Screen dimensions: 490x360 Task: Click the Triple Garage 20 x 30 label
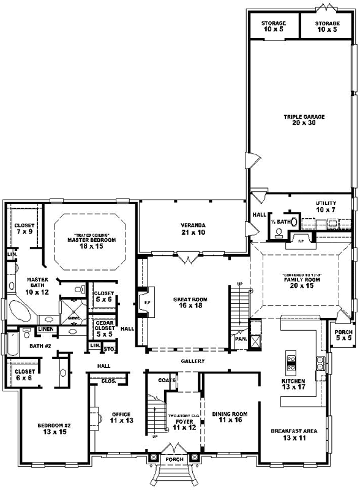point(304,119)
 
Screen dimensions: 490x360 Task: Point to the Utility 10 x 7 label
point(326,206)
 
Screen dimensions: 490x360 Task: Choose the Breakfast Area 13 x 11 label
point(294,435)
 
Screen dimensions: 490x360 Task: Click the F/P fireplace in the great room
point(145,303)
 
